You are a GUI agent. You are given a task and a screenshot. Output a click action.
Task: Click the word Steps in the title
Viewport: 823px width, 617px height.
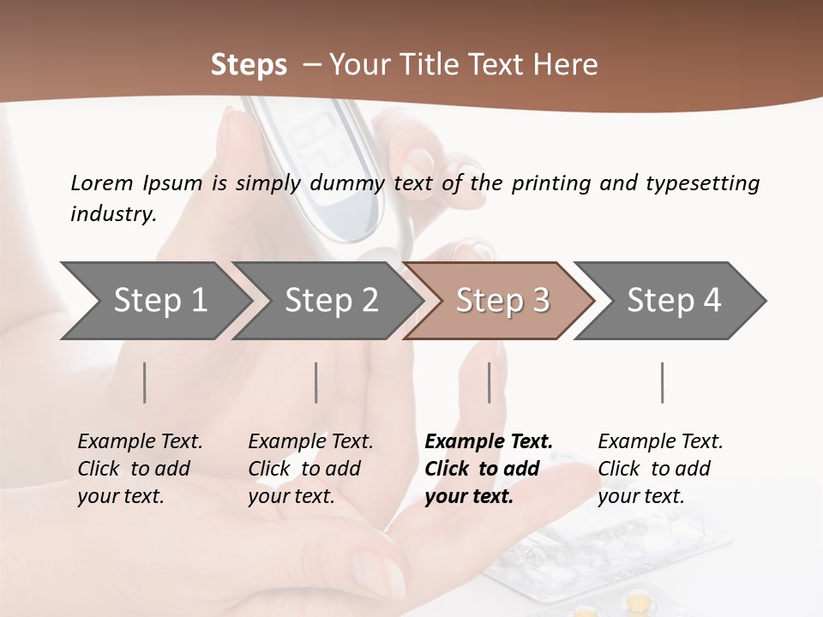coord(249,64)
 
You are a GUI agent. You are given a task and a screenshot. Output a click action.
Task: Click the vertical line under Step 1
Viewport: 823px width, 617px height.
coord(145,382)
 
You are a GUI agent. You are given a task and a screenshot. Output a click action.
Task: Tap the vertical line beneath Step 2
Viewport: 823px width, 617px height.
coord(316,382)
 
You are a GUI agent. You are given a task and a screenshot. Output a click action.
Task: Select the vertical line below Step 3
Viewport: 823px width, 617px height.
coord(490,382)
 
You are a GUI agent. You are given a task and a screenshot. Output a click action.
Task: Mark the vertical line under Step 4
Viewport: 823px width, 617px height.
coord(663,382)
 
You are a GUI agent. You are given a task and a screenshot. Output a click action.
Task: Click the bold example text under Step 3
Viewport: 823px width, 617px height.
coord(488,469)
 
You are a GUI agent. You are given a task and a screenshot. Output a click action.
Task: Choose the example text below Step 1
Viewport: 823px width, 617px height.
coord(140,469)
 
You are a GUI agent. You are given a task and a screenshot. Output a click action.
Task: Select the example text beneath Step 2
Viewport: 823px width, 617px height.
coord(310,469)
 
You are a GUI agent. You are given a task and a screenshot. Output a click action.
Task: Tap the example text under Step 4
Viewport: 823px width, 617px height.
coord(660,469)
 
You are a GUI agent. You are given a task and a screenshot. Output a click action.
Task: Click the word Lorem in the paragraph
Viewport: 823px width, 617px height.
coord(102,183)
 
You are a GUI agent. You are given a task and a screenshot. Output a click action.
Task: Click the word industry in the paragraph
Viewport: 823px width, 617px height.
coord(113,213)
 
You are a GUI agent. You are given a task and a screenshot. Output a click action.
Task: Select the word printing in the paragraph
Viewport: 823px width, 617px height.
coord(552,183)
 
